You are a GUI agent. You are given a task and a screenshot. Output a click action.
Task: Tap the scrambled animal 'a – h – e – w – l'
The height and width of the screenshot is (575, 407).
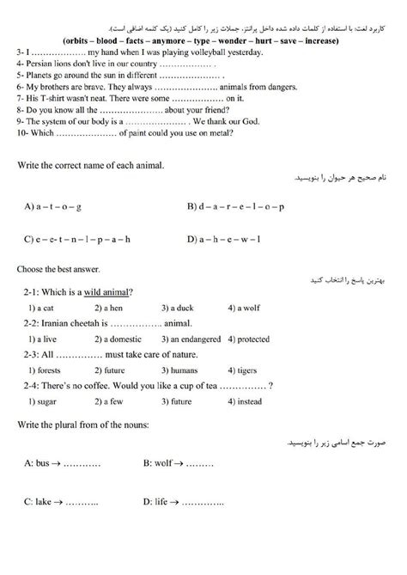[228, 239]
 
